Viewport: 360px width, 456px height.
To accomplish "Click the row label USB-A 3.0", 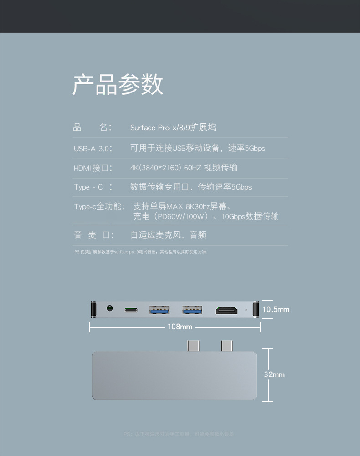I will point(93,149).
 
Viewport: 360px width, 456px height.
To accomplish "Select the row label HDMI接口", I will point(93,168).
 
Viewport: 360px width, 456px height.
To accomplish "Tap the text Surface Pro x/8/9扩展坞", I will point(173,128).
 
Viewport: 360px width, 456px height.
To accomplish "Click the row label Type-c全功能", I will point(99,207).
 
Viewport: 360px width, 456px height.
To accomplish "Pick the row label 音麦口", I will point(93,235).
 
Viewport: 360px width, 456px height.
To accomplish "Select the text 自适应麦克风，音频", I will point(168,235).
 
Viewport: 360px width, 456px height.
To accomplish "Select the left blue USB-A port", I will point(159,310).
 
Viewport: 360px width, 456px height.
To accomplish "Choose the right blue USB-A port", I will point(192,310).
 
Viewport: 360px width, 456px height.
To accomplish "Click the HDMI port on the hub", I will point(226,310).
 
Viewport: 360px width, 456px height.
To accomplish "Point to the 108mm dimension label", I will point(180,327).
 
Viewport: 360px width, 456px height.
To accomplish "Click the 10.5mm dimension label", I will point(276,309).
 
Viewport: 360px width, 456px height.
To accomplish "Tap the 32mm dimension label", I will point(274,374).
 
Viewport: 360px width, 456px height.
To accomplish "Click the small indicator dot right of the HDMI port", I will point(246,310).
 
